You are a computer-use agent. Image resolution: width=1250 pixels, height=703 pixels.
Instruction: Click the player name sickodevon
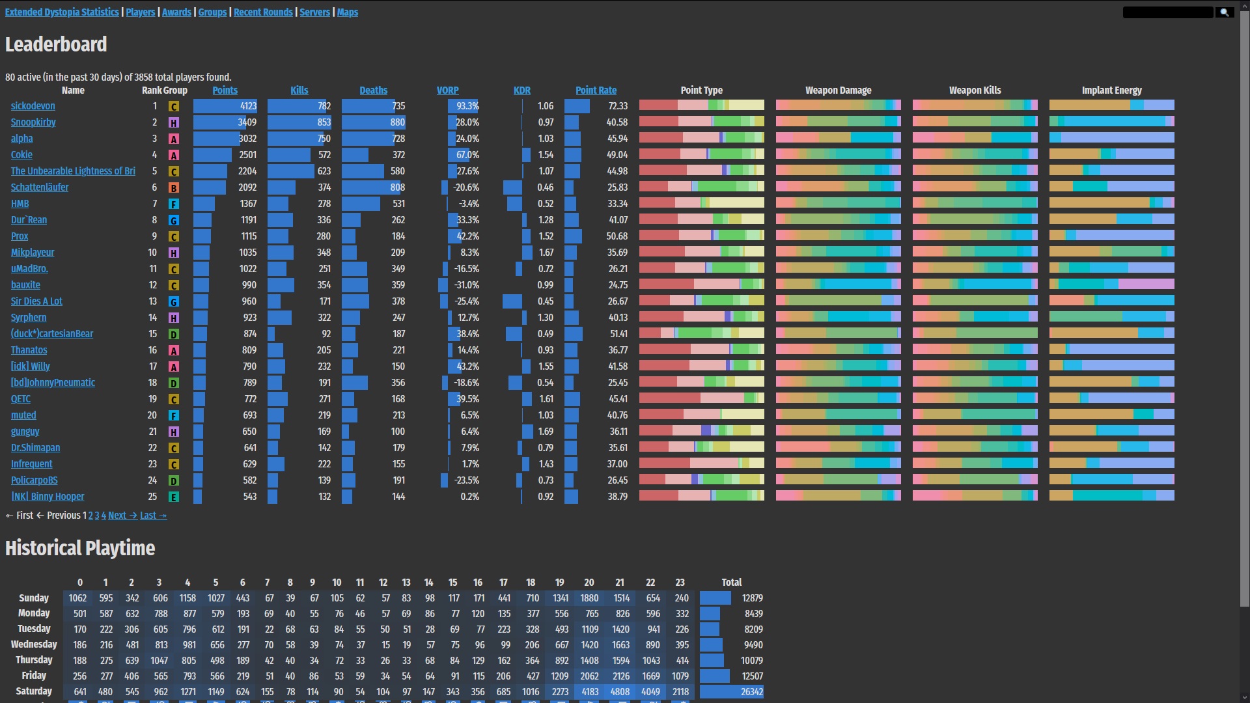(33, 106)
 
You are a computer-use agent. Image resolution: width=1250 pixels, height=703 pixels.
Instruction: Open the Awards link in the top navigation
(176, 12)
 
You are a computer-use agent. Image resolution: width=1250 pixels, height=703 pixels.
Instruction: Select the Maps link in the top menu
(348, 12)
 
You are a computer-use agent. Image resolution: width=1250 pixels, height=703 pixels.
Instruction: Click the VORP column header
(447, 90)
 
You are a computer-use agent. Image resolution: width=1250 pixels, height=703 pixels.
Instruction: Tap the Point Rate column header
(596, 90)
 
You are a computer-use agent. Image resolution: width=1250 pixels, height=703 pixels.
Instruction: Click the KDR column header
(521, 90)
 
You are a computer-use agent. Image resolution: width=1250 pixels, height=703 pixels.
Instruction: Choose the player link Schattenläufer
(40, 187)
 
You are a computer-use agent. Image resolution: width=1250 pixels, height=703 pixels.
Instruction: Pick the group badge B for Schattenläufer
(174, 187)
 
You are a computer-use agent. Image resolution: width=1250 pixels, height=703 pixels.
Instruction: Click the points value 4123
(248, 106)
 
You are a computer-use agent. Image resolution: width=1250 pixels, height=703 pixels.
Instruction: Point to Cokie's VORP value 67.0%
(467, 155)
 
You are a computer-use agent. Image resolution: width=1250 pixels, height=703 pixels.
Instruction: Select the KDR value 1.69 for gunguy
(546, 432)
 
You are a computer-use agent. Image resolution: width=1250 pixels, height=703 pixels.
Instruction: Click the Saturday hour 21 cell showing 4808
(620, 692)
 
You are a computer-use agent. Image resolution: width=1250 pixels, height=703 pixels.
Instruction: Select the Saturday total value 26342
(751, 692)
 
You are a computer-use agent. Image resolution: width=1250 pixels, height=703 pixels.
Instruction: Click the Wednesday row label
(34, 644)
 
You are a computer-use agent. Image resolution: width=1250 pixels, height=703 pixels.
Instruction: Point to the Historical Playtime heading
(80, 548)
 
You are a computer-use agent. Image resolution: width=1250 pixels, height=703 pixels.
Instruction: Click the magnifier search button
(1225, 12)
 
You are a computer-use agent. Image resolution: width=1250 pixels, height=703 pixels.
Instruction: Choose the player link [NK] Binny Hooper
(48, 497)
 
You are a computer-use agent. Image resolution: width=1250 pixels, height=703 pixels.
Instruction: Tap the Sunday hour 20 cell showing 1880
(589, 598)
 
